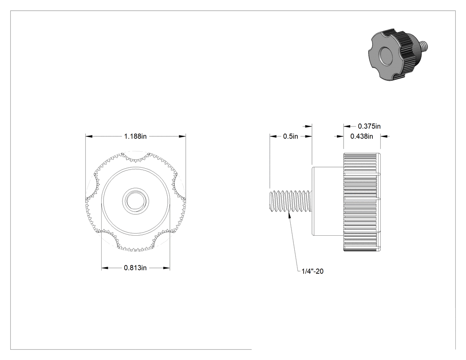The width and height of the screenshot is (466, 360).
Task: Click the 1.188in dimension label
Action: coord(135,136)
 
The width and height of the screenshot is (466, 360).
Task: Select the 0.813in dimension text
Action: coord(135,268)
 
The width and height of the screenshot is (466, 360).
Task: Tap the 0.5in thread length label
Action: coord(290,136)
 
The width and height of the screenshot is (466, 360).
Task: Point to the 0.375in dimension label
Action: coord(369,127)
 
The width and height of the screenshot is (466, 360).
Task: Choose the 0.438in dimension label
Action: coord(362,136)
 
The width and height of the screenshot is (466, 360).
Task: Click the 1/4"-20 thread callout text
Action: coord(312,271)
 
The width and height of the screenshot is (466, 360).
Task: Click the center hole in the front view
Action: coord(135,201)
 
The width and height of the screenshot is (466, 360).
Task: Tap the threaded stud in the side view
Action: coord(291,201)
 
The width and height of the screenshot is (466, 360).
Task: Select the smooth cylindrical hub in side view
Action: coord(328,201)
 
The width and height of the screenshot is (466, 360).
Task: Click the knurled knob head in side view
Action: coord(362,202)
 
